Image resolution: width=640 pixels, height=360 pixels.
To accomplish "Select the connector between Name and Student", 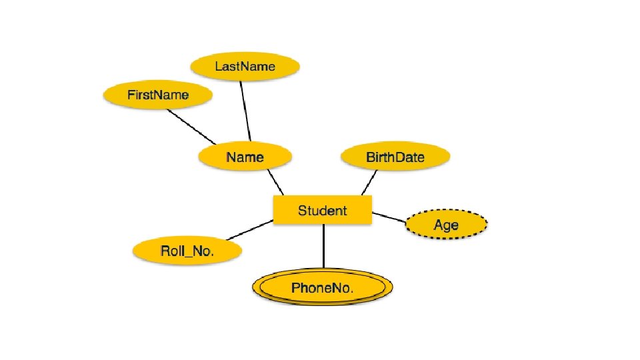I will (275, 181).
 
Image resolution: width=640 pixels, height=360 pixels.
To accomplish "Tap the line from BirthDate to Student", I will (369, 182).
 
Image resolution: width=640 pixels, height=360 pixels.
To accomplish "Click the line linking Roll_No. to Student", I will (249, 230).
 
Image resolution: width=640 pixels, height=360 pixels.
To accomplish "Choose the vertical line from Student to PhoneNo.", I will (323, 247).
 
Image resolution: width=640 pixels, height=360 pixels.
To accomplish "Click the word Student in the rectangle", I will (323, 211).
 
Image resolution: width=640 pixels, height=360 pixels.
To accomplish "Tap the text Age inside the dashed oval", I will (446, 225).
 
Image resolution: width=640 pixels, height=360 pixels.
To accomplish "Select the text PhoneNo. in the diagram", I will (323, 289).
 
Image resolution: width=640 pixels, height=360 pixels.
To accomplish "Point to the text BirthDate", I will (395, 157).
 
